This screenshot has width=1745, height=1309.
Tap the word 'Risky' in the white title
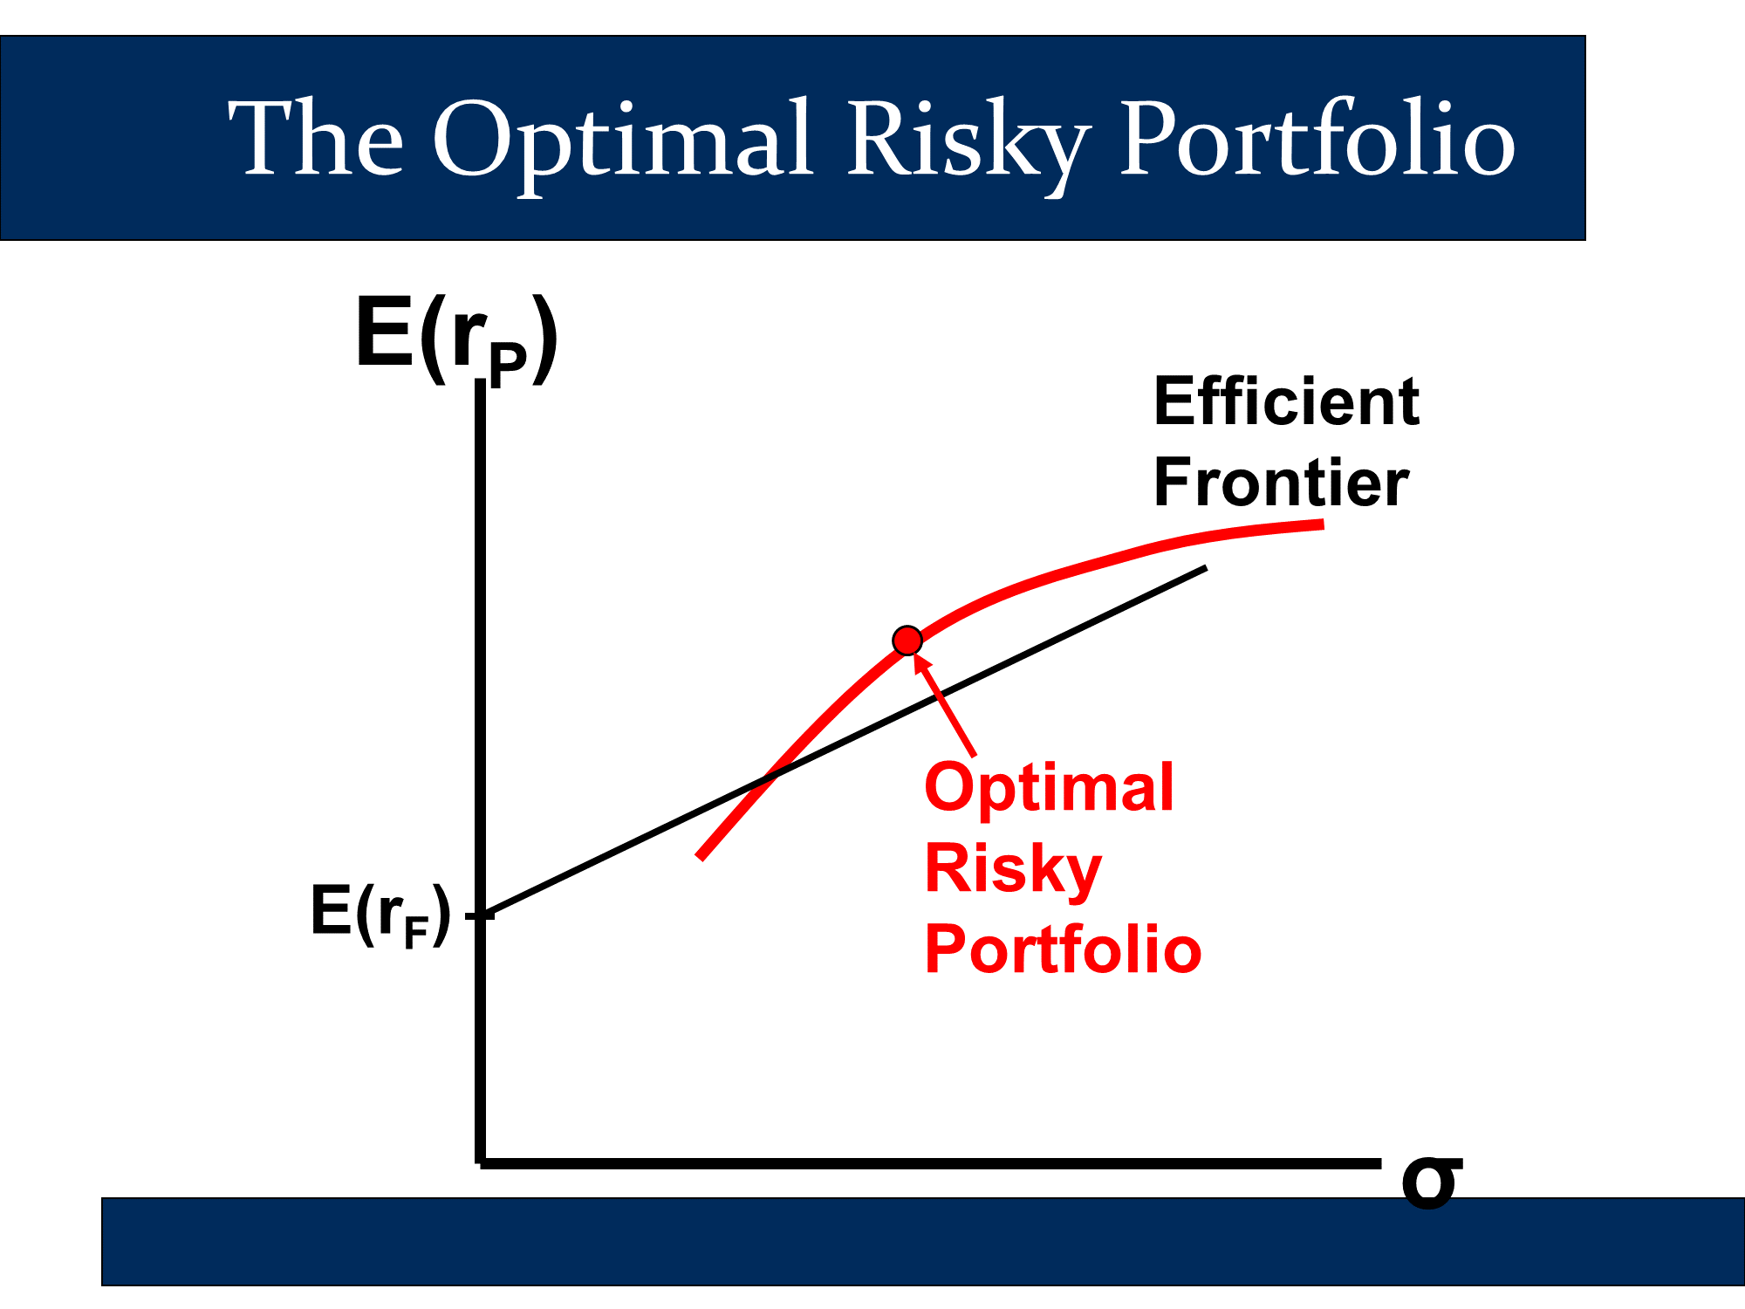968,144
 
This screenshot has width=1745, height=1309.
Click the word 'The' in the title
315,136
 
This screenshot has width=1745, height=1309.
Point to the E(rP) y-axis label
456,340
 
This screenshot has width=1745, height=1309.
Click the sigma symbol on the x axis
1431,1182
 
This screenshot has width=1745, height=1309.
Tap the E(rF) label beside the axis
381,915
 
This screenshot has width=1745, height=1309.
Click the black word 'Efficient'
1286,402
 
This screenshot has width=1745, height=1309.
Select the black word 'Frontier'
1281,483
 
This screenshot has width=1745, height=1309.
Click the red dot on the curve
907,641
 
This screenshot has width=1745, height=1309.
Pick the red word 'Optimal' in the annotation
1049,787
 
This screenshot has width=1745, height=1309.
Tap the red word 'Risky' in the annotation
1013,869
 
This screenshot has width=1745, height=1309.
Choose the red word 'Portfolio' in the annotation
1063,949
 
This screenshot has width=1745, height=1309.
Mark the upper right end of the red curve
1324,524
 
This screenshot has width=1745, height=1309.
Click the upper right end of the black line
1206,568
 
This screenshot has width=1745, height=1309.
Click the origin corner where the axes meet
481,1163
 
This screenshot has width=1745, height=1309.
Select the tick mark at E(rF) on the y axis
480,915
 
